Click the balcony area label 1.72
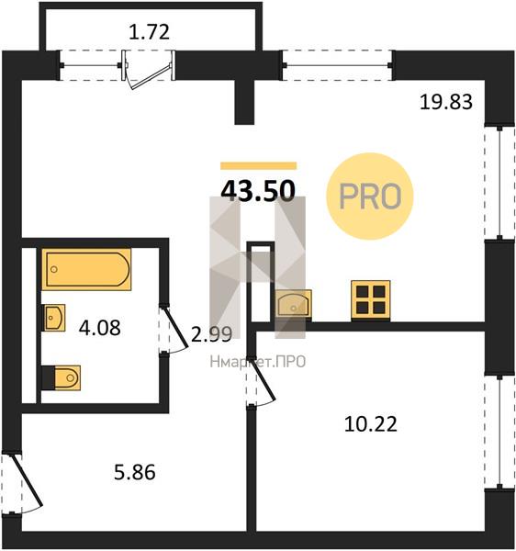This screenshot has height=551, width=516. [150, 32]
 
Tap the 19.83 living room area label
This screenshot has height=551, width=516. [446, 102]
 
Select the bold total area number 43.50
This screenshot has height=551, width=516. [258, 190]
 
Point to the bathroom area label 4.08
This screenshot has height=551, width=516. [100, 328]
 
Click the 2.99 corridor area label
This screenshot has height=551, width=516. [211, 334]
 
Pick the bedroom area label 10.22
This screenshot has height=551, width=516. [371, 423]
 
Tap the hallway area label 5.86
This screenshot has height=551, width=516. [135, 472]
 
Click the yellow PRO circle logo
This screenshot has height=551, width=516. [370, 197]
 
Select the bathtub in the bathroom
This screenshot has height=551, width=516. [86, 269]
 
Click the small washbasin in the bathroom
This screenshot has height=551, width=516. [54, 318]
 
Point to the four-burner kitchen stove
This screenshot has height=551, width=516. [371, 300]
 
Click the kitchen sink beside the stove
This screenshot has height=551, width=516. [293, 304]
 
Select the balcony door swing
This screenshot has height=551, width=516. [149, 70]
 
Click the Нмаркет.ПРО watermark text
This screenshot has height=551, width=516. [257, 362]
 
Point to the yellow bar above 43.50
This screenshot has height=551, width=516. [259, 166]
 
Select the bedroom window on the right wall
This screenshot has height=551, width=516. [499, 433]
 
